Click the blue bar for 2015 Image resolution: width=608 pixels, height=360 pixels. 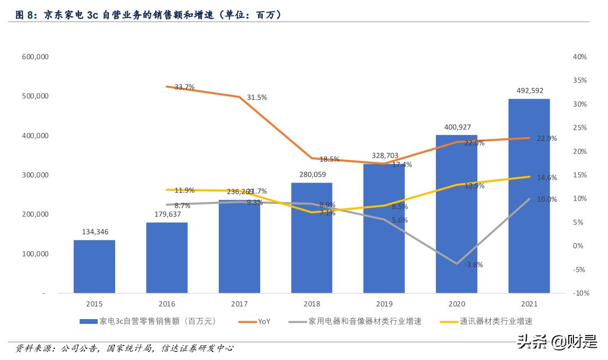coord(94,266)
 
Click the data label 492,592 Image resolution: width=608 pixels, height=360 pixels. coord(529,91)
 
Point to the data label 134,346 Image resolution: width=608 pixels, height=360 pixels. coord(95,232)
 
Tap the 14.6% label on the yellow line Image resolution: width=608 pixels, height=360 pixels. coord(546,178)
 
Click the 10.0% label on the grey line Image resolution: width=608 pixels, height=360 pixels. coord(546,199)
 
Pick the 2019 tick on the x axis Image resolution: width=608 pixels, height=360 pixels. coord(384,304)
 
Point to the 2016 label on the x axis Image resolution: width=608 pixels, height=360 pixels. coord(167,304)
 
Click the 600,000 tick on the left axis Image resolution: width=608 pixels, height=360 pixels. coord(35,57)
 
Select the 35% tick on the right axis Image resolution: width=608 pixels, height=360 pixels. coord(580,80)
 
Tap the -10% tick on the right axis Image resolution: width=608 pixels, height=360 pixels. coord(580,293)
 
